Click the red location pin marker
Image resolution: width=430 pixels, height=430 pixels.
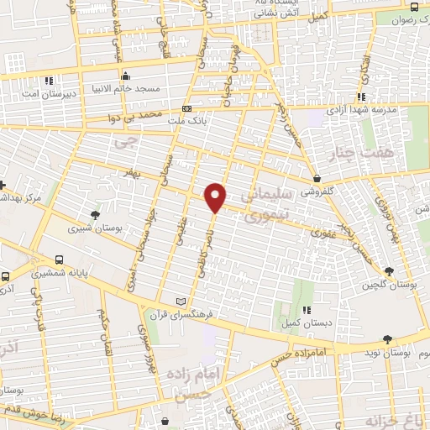coord(216,197)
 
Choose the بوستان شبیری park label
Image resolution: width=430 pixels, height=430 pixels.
coord(92,227)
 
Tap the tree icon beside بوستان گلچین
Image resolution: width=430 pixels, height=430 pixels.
coord(389,270)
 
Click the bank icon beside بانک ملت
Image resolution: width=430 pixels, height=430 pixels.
coord(186,108)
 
